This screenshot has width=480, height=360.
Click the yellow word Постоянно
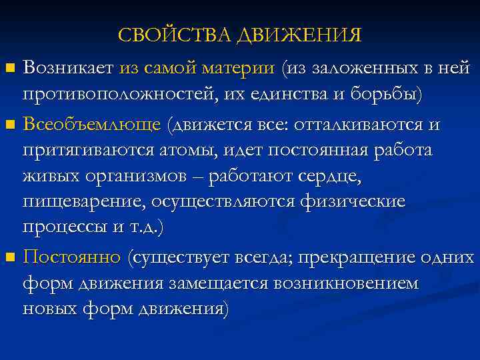click(72, 257)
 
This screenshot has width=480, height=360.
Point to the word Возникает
click(69, 67)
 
